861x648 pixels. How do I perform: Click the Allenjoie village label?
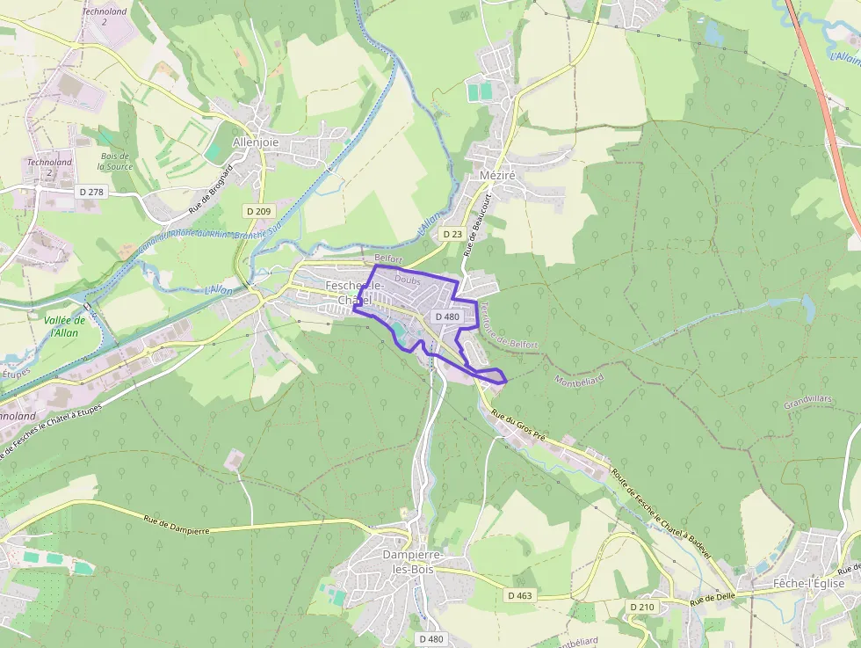[256, 142]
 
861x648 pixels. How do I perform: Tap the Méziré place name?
[497, 175]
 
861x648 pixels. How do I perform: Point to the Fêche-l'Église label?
[808, 583]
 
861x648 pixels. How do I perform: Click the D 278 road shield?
[90, 191]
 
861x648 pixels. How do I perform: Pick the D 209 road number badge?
[258, 211]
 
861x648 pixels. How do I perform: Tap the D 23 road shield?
[452, 234]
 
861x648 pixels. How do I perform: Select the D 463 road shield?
[519, 595]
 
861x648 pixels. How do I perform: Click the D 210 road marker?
[643, 607]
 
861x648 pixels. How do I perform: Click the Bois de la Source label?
[115, 161]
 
